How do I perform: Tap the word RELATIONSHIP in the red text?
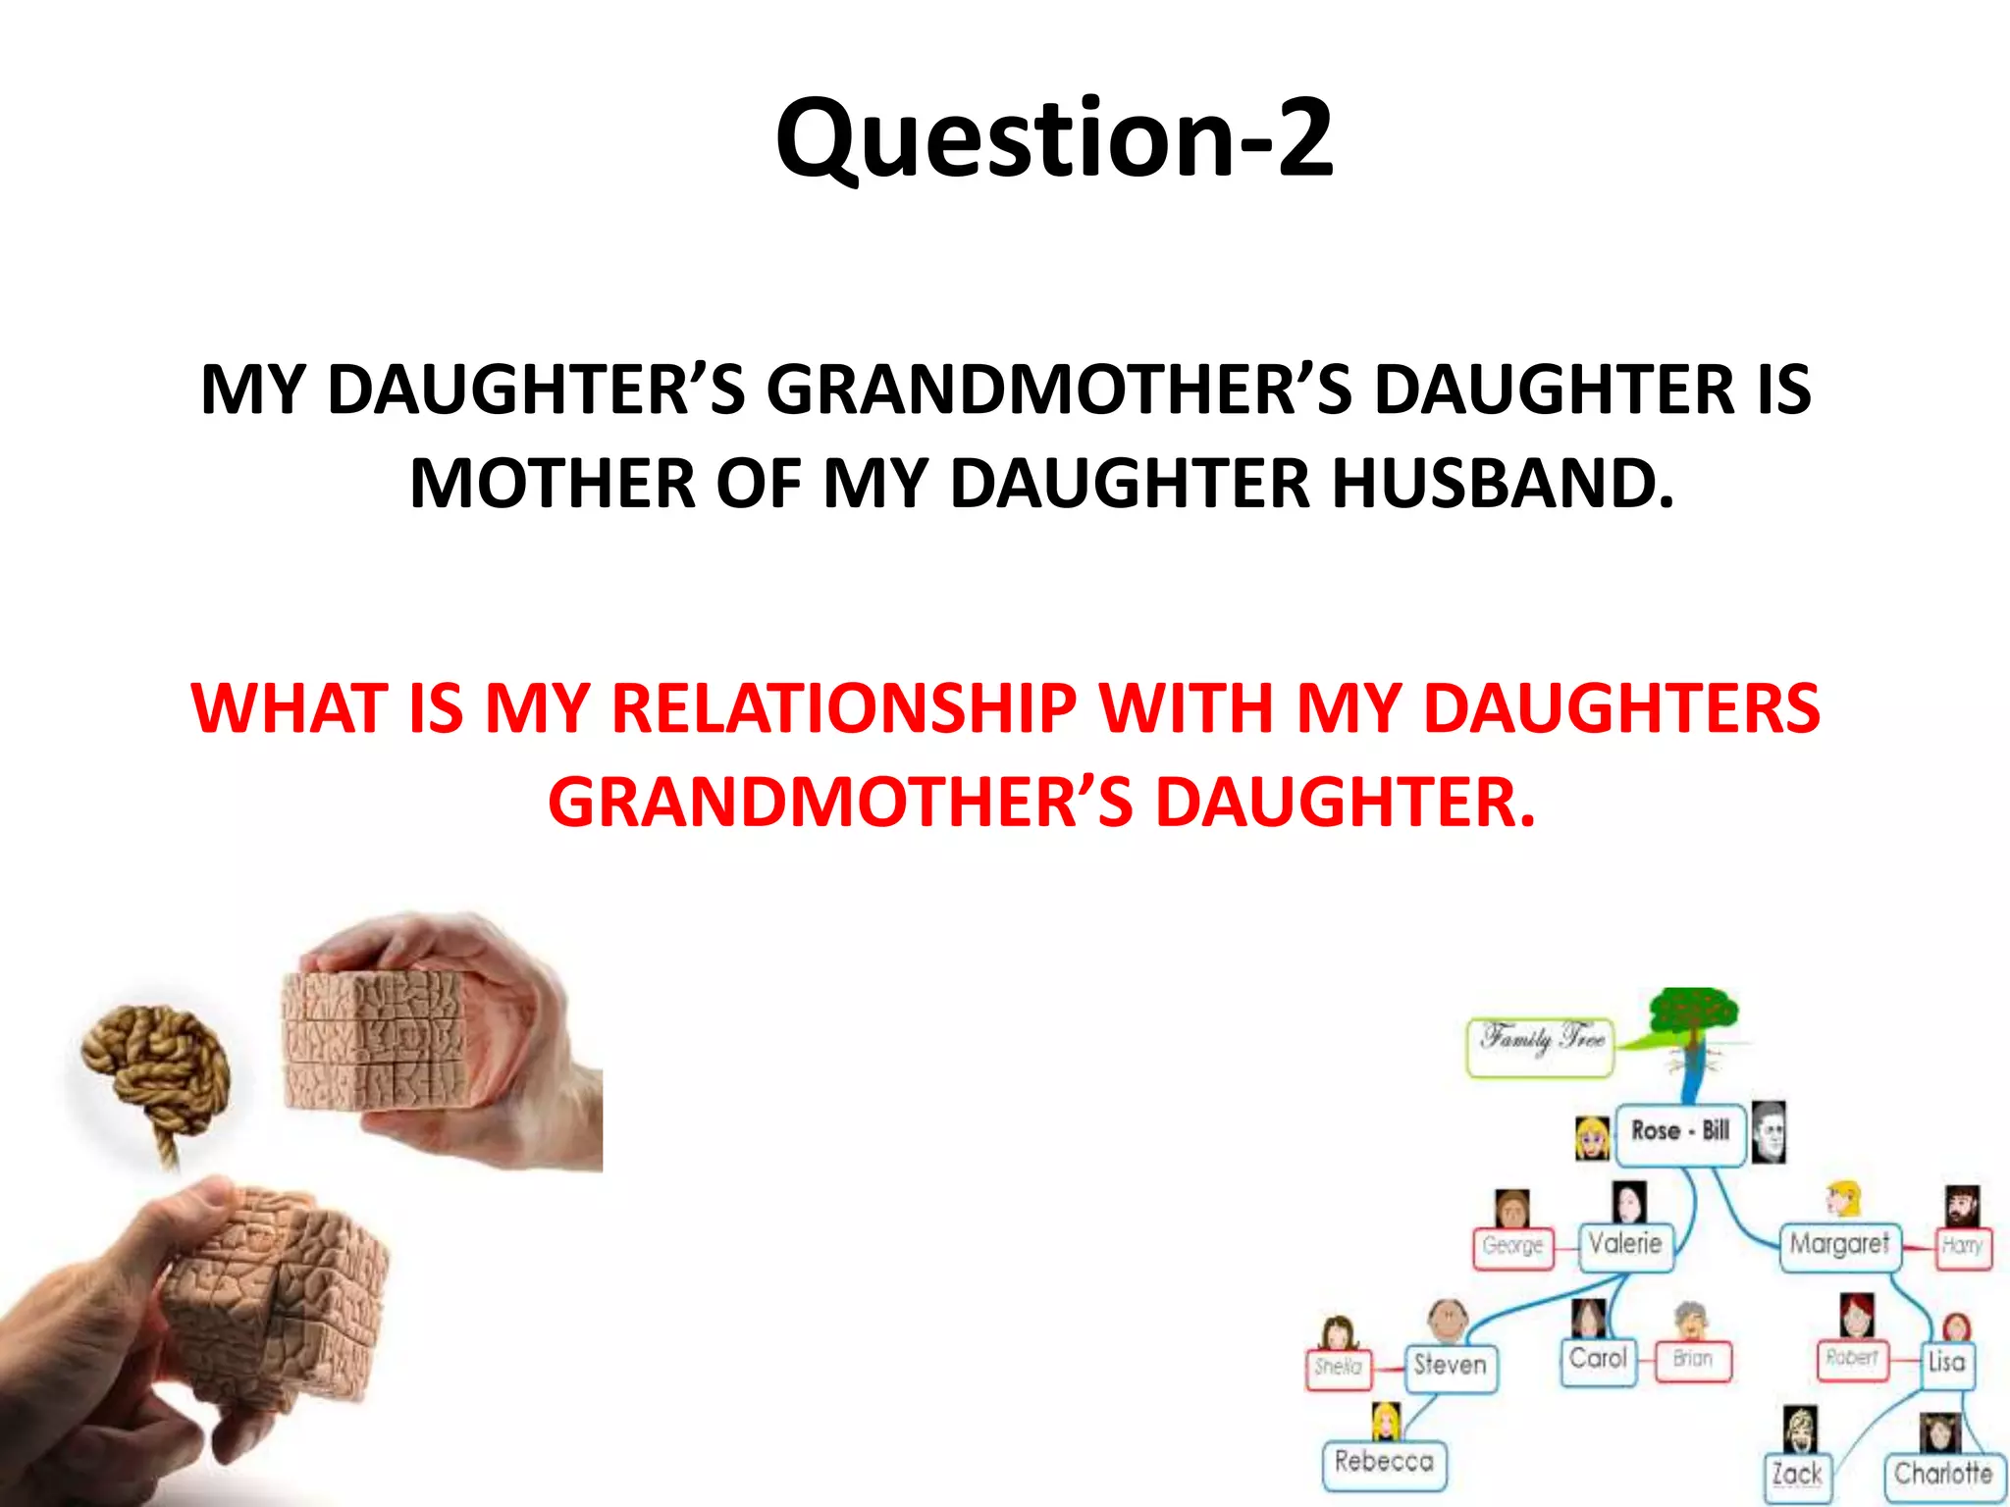coord(844,708)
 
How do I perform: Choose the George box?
coord(1512,1247)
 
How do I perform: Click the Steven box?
coord(1450,1366)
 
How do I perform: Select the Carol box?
coord(1598,1360)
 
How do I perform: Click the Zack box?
coord(1796,1475)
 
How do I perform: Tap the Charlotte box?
coord(1942,1475)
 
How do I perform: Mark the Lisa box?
coord(1946,1363)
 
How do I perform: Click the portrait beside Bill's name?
coord(1769,1130)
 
